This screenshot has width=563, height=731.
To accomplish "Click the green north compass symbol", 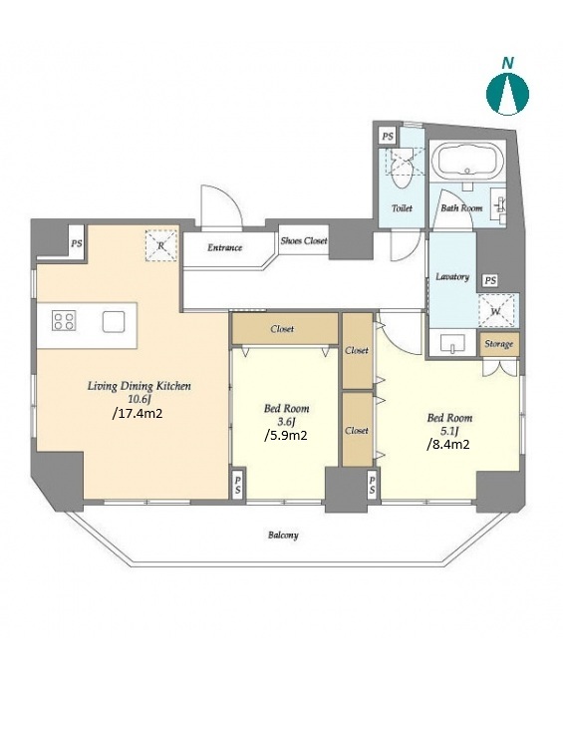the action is (x=507, y=93).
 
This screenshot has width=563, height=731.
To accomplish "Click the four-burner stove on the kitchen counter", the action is (x=64, y=321).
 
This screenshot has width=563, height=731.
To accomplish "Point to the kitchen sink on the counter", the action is (x=114, y=322).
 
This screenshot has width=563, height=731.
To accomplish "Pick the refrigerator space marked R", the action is (x=161, y=245).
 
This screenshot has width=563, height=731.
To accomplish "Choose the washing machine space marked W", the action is (x=496, y=310).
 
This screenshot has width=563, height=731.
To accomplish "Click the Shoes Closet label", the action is (x=304, y=241).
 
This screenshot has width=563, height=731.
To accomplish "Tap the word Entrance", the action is (x=224, y=247).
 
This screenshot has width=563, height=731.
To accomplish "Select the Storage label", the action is (x=498, y=344).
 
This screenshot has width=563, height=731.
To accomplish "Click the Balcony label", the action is (x=283, y=535).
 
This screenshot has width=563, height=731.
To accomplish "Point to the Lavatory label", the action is (x=452, y=276).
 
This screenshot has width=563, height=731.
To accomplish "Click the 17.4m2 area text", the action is (x=138, y=413).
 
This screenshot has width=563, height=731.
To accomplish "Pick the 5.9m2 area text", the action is (x=285, y=436).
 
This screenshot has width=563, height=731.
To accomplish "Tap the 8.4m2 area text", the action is (x=447, y=445).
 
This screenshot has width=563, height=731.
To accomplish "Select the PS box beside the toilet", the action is (x=387, y=137).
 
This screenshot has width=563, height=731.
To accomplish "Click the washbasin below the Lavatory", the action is (x=452, y=343).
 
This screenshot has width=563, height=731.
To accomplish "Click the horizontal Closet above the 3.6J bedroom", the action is (x=285, y=329).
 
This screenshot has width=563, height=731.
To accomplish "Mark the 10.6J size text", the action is (x=140, y=399).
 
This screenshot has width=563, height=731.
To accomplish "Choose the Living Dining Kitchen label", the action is (x=140, y=387).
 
